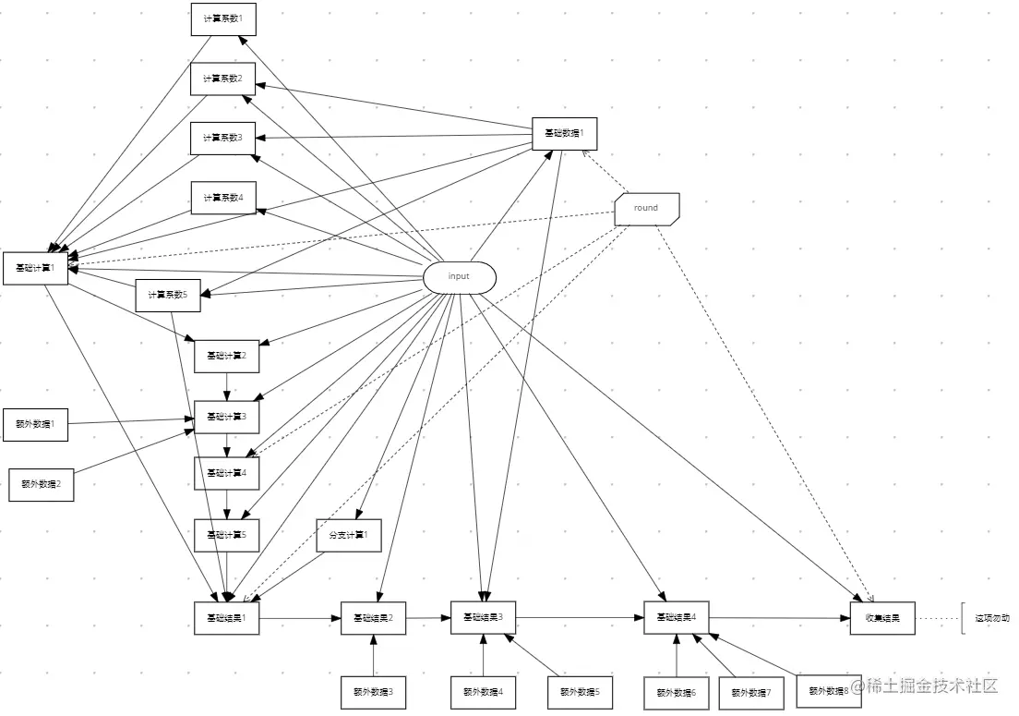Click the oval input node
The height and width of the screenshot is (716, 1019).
(x=459, y=276)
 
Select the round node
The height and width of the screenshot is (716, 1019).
(x=646, y=208)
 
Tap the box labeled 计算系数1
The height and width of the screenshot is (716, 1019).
(x=223, y=19)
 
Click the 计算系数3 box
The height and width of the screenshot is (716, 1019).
(x=223, y=138)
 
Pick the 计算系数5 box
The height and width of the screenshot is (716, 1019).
(x=167, y=295)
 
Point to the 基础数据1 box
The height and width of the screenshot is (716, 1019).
(x=564, y=134)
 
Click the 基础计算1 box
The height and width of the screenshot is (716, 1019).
(x=35, y=268)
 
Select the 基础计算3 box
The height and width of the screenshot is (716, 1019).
(x=226, y=417)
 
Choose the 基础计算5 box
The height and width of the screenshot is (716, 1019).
(x=226, y=535)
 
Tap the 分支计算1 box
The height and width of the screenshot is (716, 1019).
(x=348, y=535)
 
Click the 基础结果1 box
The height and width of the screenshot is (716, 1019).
(x=226, y=617)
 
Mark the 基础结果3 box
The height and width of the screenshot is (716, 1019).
(x=483, y=616)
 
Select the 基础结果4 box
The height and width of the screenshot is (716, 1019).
(x=676, y=616)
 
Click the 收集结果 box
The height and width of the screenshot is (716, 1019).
(x=881, y=617)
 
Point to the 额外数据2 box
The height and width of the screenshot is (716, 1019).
(x=41, y=483)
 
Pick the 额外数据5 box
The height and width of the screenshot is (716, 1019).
(x=580, y=691)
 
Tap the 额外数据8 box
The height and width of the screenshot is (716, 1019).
(x=828, y=690)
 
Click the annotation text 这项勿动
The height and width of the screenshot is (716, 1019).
(x=992, y=618)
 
